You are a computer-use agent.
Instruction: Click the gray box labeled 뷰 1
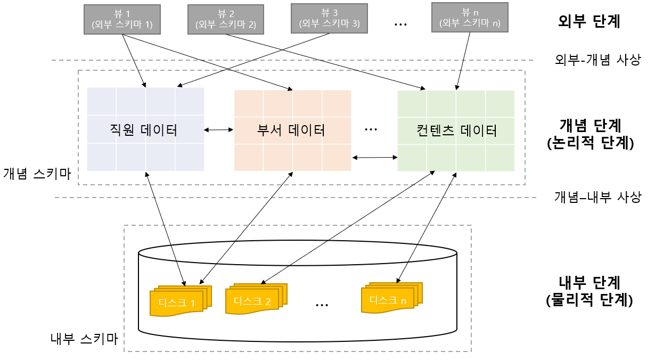tap(122, 20)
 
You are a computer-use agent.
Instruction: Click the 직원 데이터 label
tap(143, 130)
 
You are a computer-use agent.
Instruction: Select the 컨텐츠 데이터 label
tap(457, 130)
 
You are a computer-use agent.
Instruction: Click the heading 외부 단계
tap(589, 21)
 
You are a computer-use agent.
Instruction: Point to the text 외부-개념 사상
tap(597, 60)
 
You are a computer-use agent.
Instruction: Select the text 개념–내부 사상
tap(597, 198)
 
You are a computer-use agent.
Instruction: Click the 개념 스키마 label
tap(37, 173)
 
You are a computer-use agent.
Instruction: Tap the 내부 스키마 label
tap(84, 338)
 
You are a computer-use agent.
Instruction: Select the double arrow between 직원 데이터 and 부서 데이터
tap(219, 129)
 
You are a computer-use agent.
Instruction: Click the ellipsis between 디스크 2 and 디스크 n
tap(321, 304)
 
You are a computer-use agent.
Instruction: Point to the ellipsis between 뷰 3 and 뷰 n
tap(400, 24)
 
